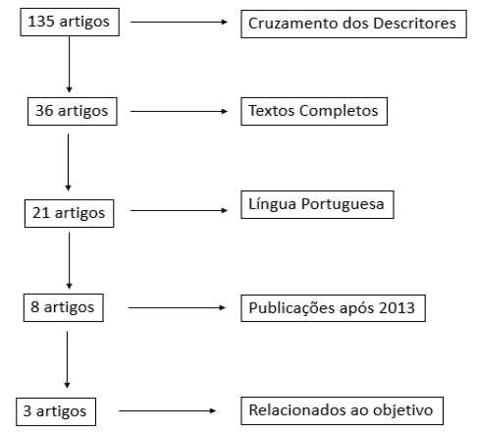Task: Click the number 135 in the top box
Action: tap(41, 22)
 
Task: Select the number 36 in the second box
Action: tap(44, 111)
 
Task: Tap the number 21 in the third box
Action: tap(41, 213)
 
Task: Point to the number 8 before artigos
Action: tap(35, 307)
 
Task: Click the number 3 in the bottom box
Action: tap(27, 410)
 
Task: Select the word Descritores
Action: tap(414, 24)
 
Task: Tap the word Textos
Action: tap(272, 111)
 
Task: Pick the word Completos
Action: tap(339, 111)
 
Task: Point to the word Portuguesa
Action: tap(343, 204)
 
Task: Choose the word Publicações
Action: tap(292, 308)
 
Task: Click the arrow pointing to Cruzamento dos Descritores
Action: tap(179, 22)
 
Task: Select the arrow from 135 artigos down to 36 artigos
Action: tap(69, 64)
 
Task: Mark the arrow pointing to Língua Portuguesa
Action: tap(179, 210)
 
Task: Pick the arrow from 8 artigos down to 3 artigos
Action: tap(67, 359)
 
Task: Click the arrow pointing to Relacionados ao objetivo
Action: tap(167, 410)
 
